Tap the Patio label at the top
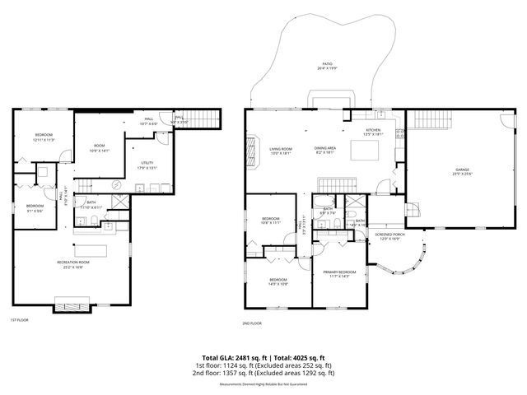(x=328, y=65)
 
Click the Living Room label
(x=281, y=151)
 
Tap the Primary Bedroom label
(x=339, y=273)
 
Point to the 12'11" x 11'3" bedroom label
(x=44, y=137)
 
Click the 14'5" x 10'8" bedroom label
(x=278, y=282)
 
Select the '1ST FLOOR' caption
(x=19, y=320)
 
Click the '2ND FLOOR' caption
(x=252, y=323)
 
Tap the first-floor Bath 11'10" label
(x=90, y=206)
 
